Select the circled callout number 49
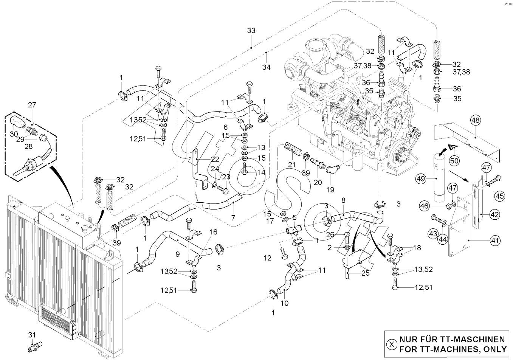click(x=421, y=177)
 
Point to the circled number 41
click(x=495, y=239)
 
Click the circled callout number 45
click(x=500, y=196)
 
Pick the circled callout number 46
click(x=424, y=206)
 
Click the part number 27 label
click(x=31, y=105)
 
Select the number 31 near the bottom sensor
click(x=32, y=334)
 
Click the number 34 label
click(x=267, y=67)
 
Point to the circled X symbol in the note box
click(x=392, y=344)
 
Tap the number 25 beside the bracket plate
click(x=365, y=273)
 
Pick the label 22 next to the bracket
click(x=215, y=159)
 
